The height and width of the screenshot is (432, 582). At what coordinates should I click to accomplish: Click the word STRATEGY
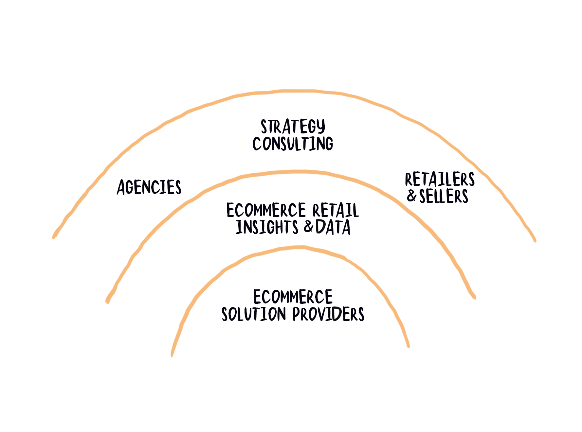(x=293, y=127)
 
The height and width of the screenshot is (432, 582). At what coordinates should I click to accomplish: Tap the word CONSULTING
(x=293, y=144)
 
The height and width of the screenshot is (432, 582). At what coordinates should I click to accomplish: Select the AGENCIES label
(x=149, y=187)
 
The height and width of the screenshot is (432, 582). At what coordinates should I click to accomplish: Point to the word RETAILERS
(x=440, y=180)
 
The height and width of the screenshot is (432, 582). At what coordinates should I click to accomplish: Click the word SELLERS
(x=444, y=197)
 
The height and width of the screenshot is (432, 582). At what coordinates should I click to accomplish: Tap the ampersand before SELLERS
(x=412, y=196)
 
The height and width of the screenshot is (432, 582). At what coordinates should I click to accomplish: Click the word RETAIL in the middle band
(x=336, y=210)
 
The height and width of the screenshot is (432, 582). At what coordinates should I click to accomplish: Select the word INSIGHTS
(x=267, y=227)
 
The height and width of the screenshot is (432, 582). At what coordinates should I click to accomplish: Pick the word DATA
(x=333, y=227)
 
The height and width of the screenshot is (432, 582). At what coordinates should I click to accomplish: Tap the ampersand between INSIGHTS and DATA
(x=309, y=227)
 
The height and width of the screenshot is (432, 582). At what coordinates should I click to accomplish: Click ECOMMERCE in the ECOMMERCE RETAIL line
(x=266, y=210)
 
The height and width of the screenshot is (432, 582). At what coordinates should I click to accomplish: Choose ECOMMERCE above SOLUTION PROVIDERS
(x=293, y=297)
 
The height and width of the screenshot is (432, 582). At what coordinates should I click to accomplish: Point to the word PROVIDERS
(x=328, y=314)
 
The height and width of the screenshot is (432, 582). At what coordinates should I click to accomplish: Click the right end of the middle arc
(x=474, y=297)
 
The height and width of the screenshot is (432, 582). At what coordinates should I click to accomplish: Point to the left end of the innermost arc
(x=172, y=355)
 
